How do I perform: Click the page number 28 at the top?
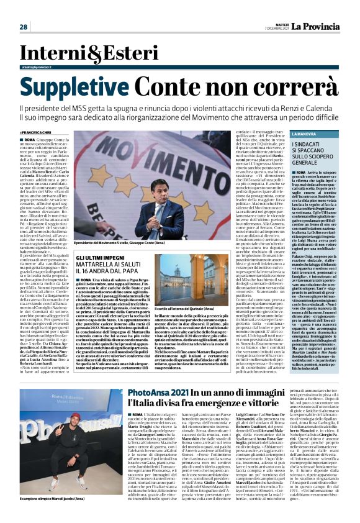[x=24, y=27]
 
